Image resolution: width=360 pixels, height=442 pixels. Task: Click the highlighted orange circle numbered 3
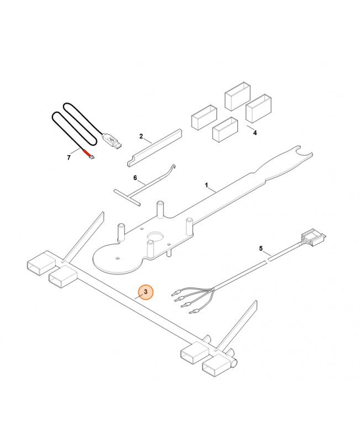click(145, 292)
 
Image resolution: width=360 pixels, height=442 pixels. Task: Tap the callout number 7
click(68, 157)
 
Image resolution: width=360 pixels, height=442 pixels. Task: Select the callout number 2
click(141, 136)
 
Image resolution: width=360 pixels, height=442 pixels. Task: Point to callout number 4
click(255, 133)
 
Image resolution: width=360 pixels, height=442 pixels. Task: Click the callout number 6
click(135, 178)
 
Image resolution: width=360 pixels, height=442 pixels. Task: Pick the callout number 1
click(207, 185)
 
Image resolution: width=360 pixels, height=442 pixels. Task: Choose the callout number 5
click(261, 248)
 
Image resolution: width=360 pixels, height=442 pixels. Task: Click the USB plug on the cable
click(112, 141)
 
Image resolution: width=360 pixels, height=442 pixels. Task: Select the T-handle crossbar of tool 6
click(128, 197)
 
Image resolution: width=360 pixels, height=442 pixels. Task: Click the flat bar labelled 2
click(155, 148)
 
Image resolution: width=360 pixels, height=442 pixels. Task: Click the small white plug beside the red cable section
click(92, 156)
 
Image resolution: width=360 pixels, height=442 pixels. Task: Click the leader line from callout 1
click(213, 190)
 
